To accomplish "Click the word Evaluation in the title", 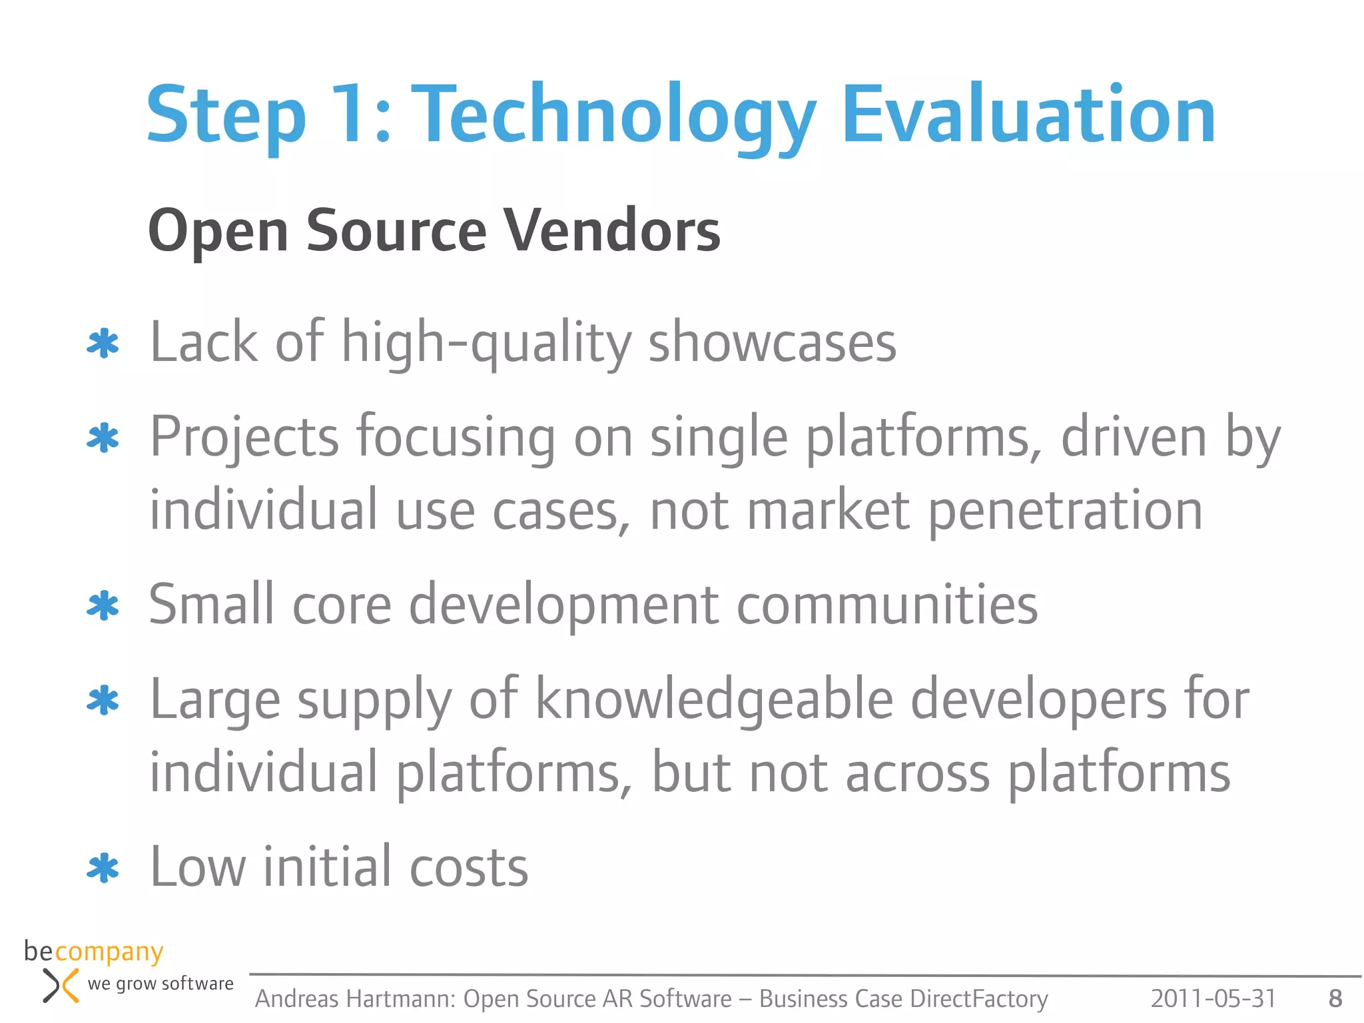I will [1029, 115].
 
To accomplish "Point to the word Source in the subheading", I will [396, 230].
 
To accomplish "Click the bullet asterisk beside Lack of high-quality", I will [103, 344].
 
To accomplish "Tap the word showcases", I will [772, 342].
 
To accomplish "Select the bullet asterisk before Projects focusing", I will [103, 438].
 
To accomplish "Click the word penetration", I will [1065, 511].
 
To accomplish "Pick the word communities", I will [887, 605].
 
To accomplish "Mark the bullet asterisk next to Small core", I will [103, 606].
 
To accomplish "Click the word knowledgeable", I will [714, 699].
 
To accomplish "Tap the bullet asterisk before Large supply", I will [103, 701].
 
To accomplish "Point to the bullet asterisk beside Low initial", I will [103, 868].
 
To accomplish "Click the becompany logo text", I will [93, 952].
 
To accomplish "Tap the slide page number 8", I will [1335, 998].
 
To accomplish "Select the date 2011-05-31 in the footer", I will [1213, 998].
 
